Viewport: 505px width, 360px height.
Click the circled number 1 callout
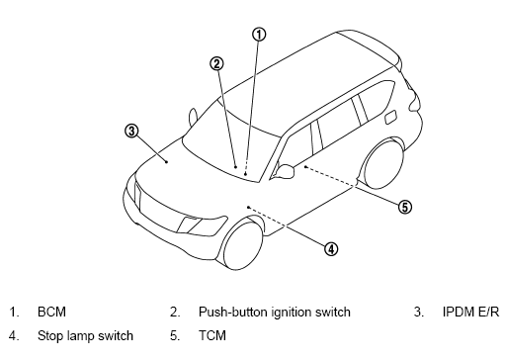259,35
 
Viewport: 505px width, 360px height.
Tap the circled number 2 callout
216,63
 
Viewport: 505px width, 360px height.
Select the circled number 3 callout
131,131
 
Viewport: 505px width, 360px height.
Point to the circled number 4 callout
331,249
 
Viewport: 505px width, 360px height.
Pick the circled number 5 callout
405,207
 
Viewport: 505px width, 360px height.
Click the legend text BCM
51,312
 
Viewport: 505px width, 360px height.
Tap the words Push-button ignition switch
275,313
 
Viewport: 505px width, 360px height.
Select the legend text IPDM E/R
470,312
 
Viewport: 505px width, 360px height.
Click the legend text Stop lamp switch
85,336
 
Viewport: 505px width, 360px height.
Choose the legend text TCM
212,335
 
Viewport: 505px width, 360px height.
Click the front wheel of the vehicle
243,244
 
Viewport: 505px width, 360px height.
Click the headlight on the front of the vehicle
202,225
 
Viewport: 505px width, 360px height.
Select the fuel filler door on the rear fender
390,118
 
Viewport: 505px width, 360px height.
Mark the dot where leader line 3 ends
167,162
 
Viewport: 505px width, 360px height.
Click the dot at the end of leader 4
249,208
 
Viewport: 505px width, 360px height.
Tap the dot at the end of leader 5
305,167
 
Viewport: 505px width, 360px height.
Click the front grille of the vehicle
157,207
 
